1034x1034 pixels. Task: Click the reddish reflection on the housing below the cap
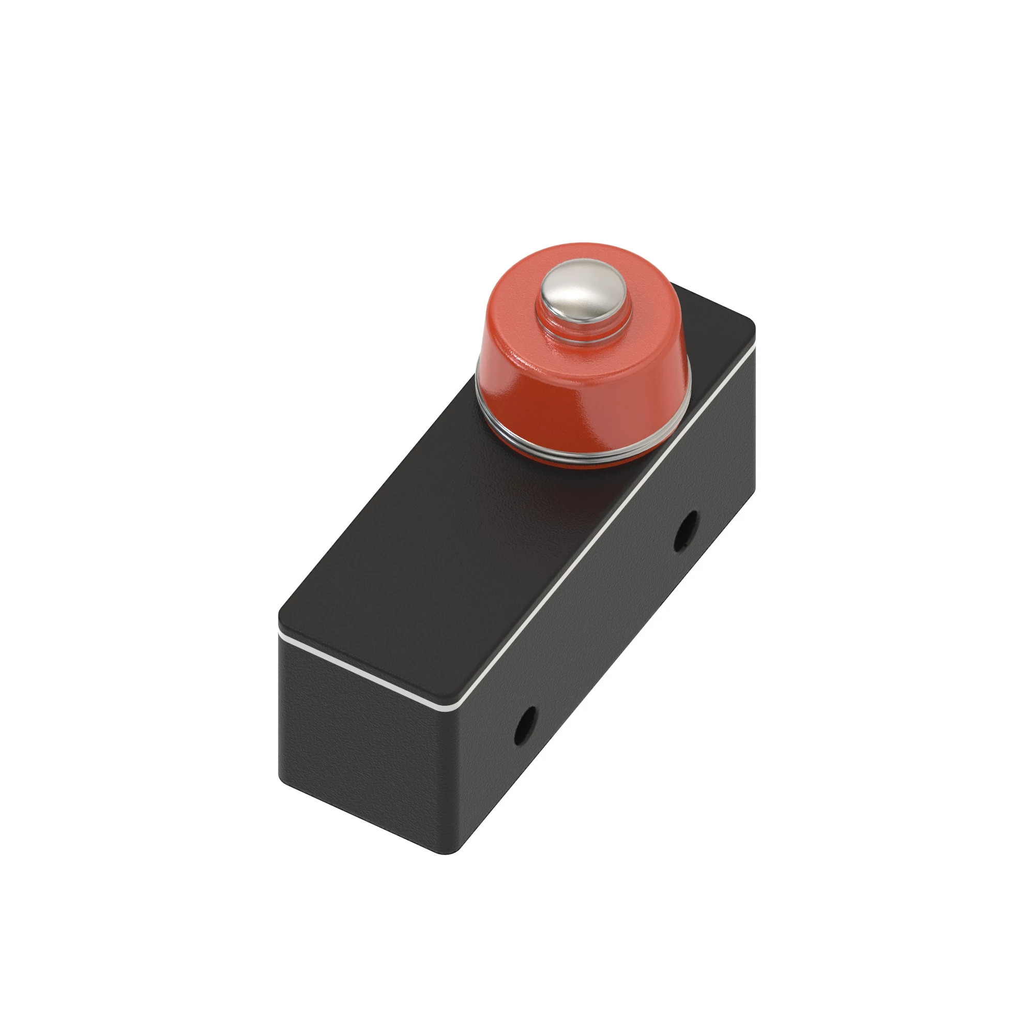point(567,492)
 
